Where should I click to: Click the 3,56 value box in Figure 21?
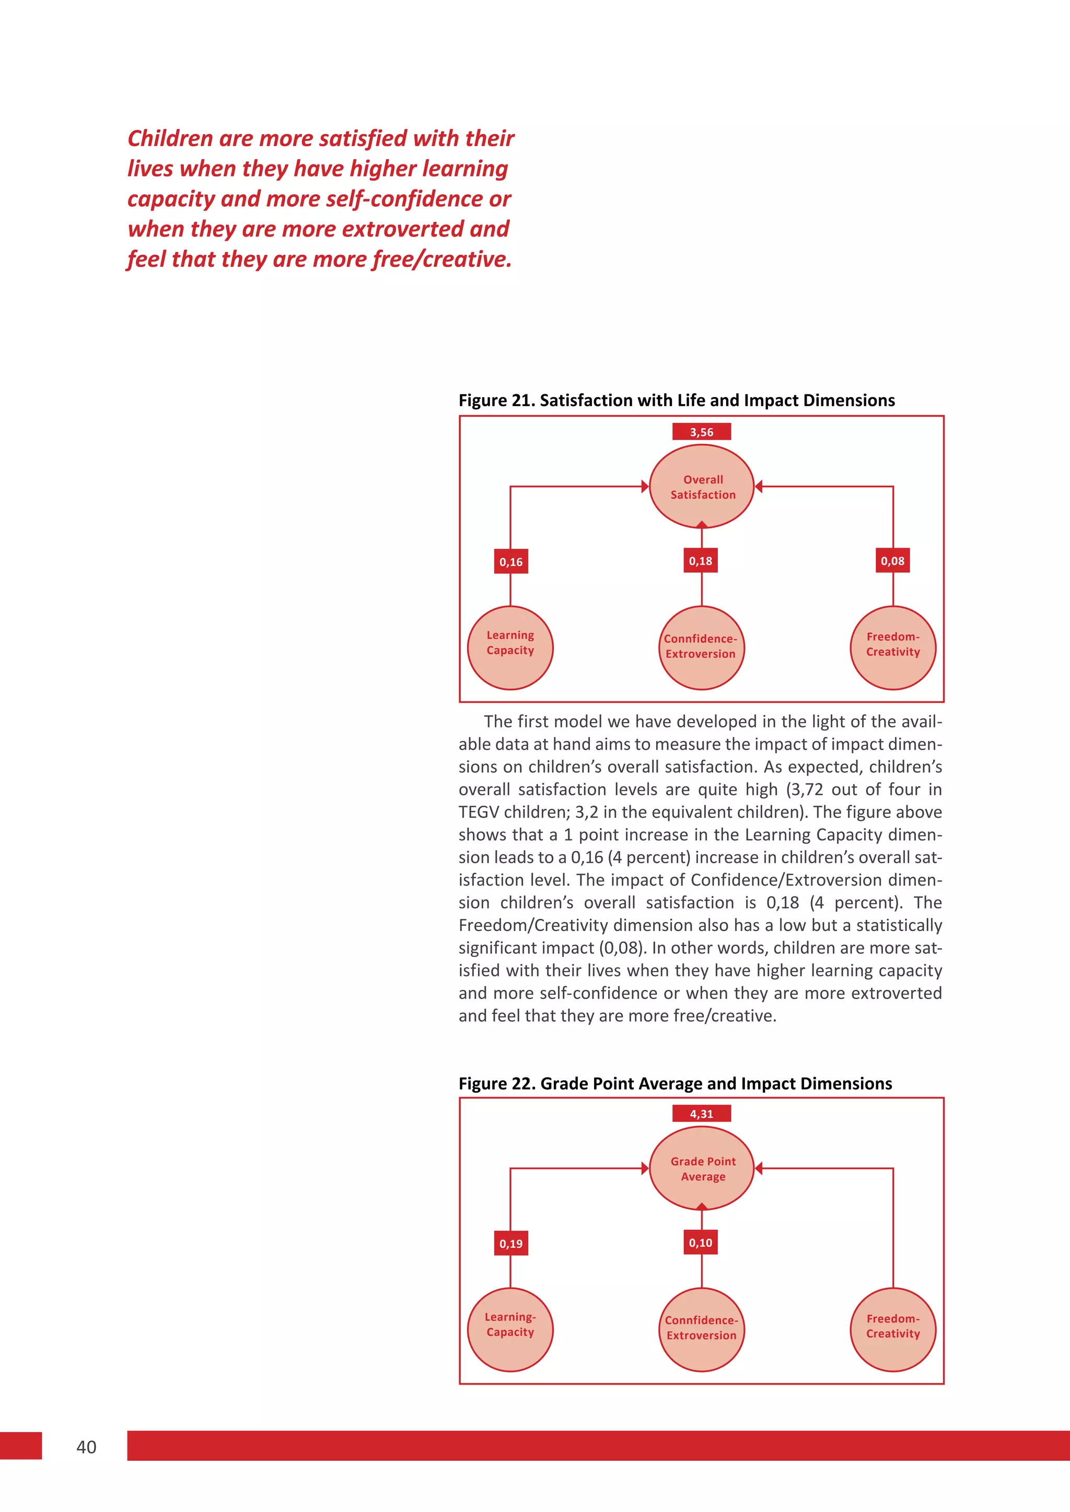click(701, 432)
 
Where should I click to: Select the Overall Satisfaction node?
click(702, 487)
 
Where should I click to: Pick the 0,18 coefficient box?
click(701, 561)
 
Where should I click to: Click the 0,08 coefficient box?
click(892, 561)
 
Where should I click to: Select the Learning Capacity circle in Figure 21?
click(510, 647)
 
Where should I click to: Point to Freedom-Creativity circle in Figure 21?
click(893, 647)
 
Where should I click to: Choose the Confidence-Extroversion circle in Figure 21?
click(701, 647)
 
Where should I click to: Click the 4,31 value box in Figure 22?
click(701, 1114)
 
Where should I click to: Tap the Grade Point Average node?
click(702, 1169)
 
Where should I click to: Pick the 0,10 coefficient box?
click(701, 1243)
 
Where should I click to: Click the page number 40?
click(86, 1447)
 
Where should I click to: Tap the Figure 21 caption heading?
click(677, 400)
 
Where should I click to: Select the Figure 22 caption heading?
click(676, 1083)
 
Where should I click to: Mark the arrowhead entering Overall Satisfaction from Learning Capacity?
click(645, 487)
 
